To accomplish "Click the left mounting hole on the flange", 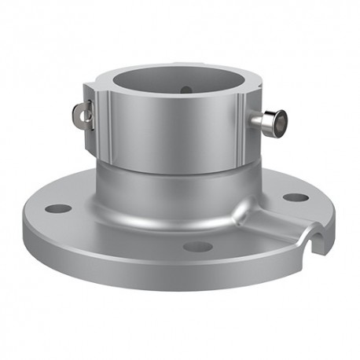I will click(x=58, y=209).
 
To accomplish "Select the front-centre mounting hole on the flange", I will click(x=198, y=246).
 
